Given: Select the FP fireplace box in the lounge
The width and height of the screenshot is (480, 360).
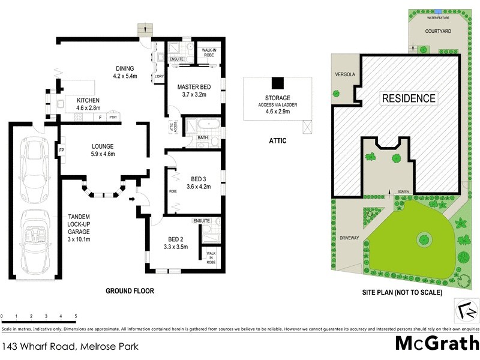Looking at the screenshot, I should [x=61, y=150].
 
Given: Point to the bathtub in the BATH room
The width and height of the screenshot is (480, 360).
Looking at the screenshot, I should [x=208, y=127].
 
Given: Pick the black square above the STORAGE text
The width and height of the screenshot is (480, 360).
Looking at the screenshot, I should [x=277, y=83].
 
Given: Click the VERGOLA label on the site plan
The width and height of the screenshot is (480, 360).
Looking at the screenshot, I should [x=344, y=74].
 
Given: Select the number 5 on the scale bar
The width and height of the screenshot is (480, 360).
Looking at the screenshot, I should [x=76, y=316].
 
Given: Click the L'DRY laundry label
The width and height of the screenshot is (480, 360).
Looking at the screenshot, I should [x=159, y=76].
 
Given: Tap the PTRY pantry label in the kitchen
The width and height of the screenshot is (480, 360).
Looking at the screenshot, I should [x=113, y=118].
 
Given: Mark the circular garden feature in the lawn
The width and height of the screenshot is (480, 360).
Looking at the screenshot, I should [x=424, y=239].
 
